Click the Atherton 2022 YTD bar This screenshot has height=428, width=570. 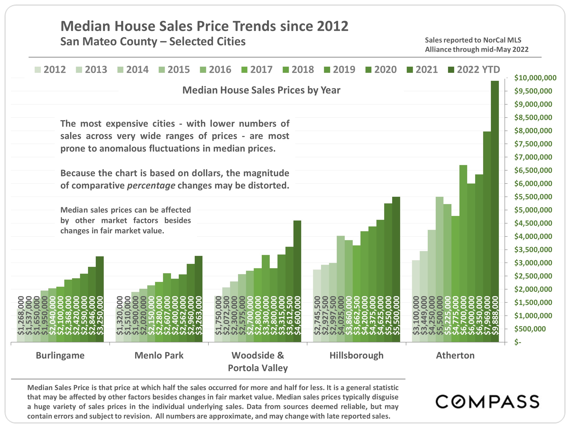tap(495, 206)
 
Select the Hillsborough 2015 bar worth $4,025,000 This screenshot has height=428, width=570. tap(341, 284)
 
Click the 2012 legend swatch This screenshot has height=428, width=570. tap(38, 70)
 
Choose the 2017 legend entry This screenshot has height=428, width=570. tap(257, 70)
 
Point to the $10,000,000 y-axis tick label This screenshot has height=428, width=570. tap(535, 78)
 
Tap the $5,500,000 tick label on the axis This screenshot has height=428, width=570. tap(533, 197)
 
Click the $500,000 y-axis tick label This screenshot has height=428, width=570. tap(530, 329)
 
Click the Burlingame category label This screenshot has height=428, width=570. tap(60, 355)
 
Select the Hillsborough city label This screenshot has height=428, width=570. tap(356, 355)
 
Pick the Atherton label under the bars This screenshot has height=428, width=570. tap(455, 355)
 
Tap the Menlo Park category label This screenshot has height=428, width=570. tap(159, 355)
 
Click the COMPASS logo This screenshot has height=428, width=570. tap(487, 402)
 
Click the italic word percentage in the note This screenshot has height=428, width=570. tap(151, 186)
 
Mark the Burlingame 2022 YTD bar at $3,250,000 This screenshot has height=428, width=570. tap(100, 297)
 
